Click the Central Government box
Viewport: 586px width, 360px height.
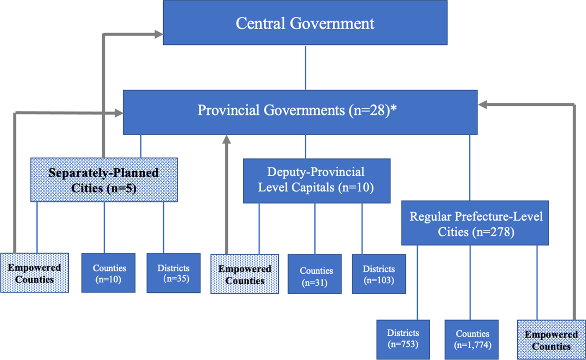(x=305, y=23)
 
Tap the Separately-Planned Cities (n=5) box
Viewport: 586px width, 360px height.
(x=104, y=180)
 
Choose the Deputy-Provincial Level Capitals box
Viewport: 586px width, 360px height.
(x=316, y=181)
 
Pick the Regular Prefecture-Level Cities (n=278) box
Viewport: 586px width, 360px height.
(x=475, y=223)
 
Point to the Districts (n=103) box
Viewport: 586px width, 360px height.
(x=379, y=274)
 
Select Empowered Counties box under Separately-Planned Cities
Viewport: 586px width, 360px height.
(x=34, y=273)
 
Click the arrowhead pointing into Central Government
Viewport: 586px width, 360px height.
(x=158, y=34)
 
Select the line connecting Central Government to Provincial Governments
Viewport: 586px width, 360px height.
(x=305, y=67)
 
